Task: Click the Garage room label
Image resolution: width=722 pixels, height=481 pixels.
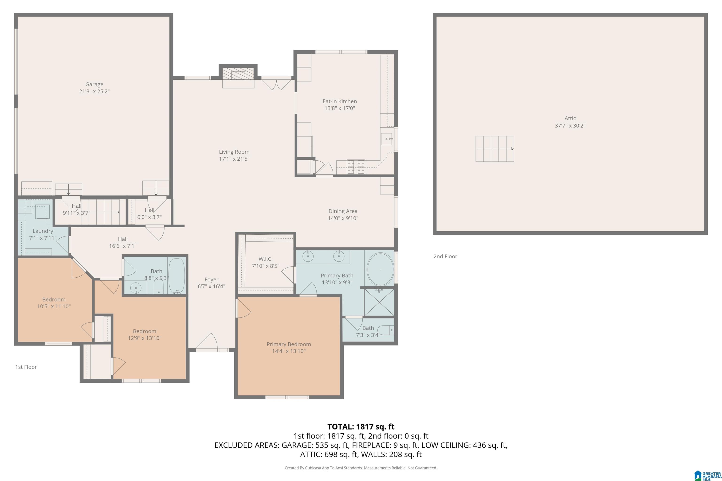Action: pyautogui.click(x=94, y=84)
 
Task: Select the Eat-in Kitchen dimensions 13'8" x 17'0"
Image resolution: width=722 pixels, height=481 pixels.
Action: pyautogui.click(x=340, y=108)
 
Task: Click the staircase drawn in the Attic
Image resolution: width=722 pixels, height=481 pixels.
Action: pyautogui.click(x=494, y=149)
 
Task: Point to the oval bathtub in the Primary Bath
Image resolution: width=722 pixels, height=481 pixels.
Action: pyautogui.click(x=380, y=269)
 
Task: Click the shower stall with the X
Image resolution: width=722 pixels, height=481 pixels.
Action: pyautogui.click(x=379, y=302)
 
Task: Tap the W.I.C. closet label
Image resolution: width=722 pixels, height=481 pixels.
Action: pyautogui.click(x=266, y=259)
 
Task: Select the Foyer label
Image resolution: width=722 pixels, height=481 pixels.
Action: pyautogui.click(x=212, y=279)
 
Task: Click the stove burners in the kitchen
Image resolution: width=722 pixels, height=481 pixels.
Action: pyautogui.click(x=356, y=167)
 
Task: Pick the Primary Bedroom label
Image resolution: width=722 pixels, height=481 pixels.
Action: pyautogui.click(x=289, y=344)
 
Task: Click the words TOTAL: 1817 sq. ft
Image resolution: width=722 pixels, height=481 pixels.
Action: pyautogui.click(x=361, y=427)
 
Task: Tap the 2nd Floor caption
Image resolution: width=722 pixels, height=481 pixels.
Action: pyautogui.click(x=445, y=256)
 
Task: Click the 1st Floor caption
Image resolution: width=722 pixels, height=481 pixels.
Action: pyautogui.click(x=26, y=367)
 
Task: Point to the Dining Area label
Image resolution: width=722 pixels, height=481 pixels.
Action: pyautogui.click(x=343, y=211)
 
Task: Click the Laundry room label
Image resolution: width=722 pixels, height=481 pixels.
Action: pyautogui.click(x=43, y=231)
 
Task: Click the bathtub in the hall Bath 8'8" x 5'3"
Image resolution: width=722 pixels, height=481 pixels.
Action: pyautogui.click(x=177, y=275)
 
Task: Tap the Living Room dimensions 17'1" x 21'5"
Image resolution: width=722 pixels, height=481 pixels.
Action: pyautogui.click(x=234, y=159)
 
